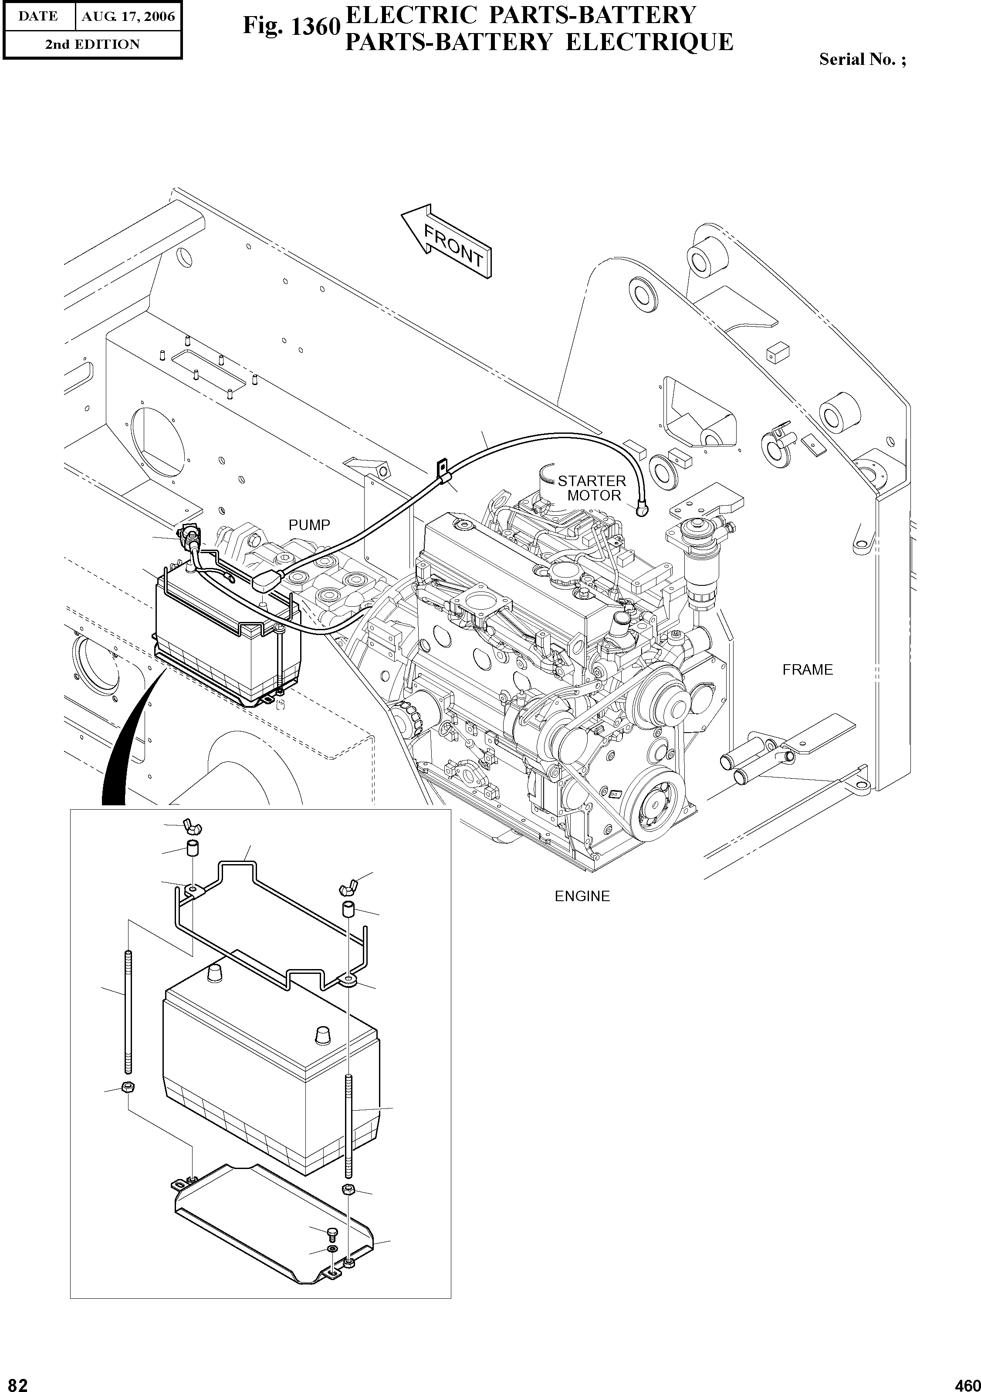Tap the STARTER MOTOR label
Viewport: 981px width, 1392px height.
click(x=592, y=488)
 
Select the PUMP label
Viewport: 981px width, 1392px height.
click(x=309, y=525)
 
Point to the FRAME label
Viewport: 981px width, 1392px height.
click(x=807, y=670)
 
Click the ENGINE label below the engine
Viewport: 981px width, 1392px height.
click(x=582, y=896)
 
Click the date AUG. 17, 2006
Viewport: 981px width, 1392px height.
click(x=128, y=17)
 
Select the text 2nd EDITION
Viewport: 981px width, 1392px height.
click(x=92, y=44)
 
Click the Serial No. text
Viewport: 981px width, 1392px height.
click(x=862, y=59)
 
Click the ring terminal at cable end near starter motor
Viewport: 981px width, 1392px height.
click(x=642, y=510)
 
